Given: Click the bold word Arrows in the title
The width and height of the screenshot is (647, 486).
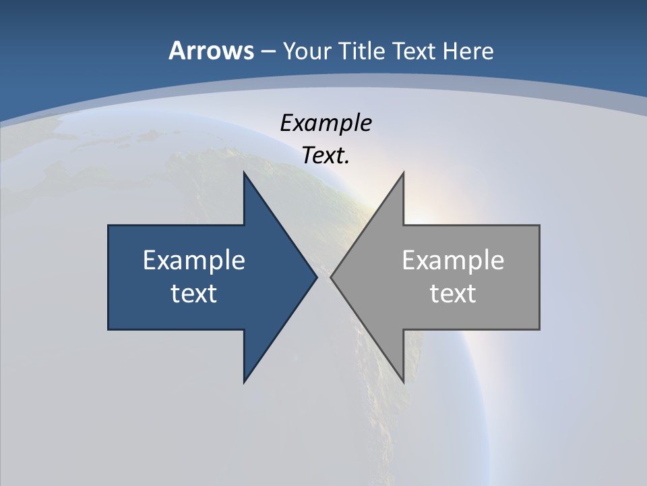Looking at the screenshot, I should (x=210, y=51).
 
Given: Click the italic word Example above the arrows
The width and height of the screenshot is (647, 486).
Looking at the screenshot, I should (x=326, y=123).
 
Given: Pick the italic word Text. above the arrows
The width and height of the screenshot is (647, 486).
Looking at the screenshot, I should (x=326, y=155).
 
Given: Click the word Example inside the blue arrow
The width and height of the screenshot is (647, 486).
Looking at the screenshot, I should (x=194, y=260).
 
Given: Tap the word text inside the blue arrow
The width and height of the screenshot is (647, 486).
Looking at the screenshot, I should (x=194, y=293).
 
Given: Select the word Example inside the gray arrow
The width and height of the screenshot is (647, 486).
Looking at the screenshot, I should (x=453, y=260).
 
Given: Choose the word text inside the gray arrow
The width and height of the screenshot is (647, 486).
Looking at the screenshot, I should (x=453, y=293).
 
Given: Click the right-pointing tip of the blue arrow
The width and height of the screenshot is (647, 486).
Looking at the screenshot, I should (x=316, y=277).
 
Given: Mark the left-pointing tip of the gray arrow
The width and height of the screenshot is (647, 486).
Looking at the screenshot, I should (x=332, y=277).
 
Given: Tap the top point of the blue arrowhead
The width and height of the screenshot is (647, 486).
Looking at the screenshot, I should (x=245, y=173).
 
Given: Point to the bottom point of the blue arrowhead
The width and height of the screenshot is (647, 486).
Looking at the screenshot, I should (x=245, y=382).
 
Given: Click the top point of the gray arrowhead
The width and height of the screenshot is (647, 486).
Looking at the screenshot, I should (x=403, y=173).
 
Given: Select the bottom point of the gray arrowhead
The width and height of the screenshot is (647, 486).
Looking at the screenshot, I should (x=403, y=382).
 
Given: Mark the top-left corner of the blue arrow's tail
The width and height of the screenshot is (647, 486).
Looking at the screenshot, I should (x=109, y=226).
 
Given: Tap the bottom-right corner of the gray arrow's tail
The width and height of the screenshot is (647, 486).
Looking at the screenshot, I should (x=538, y=329).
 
